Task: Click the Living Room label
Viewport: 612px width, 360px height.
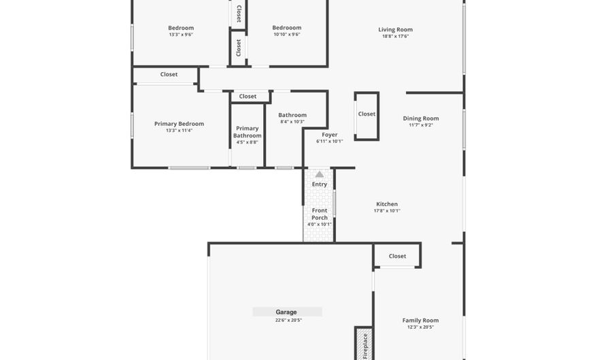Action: click(395, 30)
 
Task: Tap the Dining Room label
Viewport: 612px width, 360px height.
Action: click(421, 118)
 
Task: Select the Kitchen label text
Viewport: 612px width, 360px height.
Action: click(387, 204)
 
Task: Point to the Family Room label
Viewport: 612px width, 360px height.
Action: click(420, 321)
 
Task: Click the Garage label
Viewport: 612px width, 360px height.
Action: click(286, 312)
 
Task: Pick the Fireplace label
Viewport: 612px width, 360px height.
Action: click(364, 346)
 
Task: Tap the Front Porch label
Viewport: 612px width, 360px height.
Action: click(320, 214)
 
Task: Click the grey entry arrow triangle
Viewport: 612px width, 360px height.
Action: click(320, 175)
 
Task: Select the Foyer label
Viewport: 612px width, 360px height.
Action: click(330, 135)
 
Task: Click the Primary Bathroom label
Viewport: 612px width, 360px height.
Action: click(248, 132)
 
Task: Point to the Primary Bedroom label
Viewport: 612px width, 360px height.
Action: click(179, 124)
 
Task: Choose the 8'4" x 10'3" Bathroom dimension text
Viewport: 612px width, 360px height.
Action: click(292, 122)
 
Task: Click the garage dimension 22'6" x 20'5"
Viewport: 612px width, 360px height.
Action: click(288, 320)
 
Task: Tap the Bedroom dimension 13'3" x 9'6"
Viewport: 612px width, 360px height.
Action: click(181, 35)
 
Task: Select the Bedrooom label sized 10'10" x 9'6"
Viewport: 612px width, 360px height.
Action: click(286, 28)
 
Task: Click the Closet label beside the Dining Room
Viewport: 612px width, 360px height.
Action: click(367, 114)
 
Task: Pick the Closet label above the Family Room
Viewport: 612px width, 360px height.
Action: click(398, 257)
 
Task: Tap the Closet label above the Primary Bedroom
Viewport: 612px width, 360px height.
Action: click(169, 74)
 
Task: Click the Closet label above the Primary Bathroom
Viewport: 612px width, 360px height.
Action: click(248, 97)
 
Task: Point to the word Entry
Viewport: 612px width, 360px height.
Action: click(320, 184)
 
